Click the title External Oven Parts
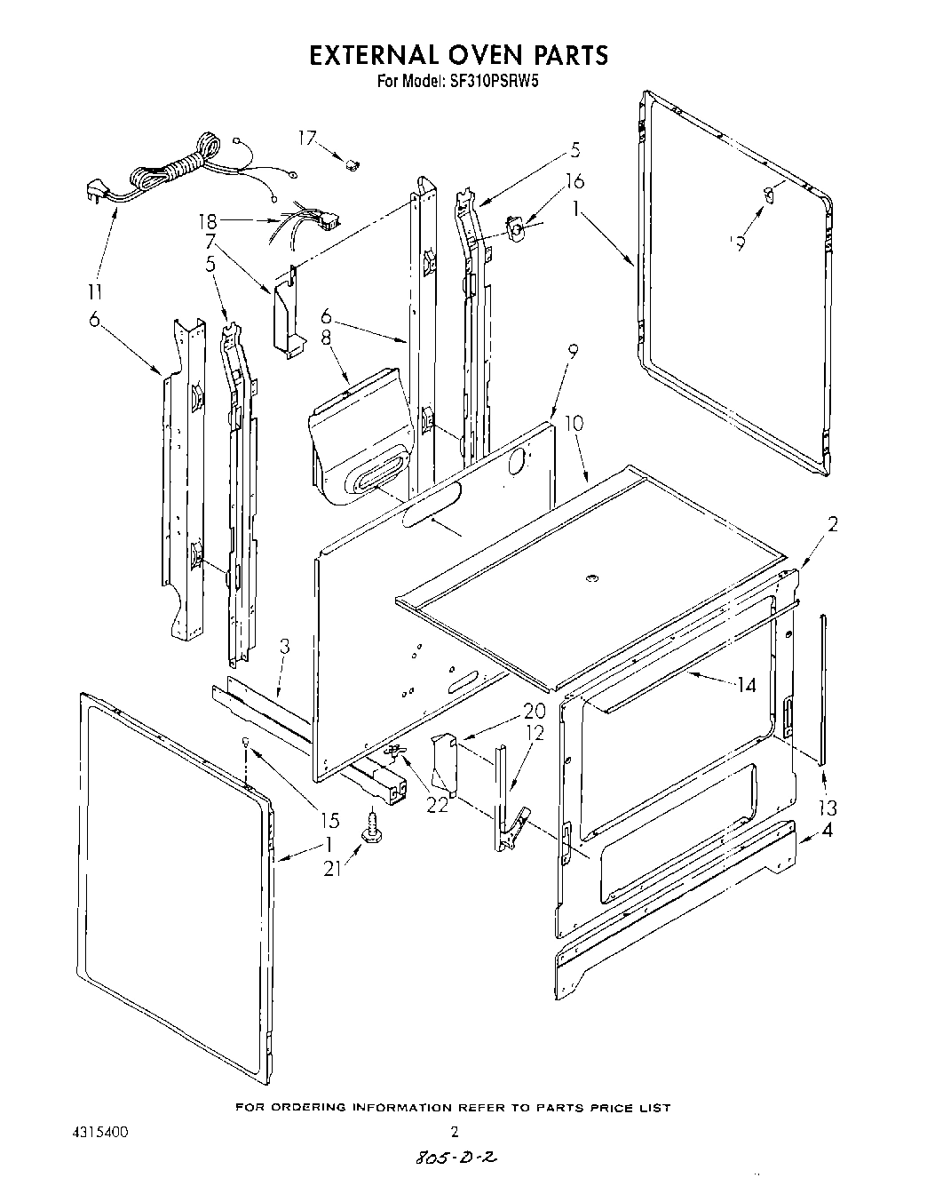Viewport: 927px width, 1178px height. pos(458,55)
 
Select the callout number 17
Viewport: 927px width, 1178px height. pos(306,138)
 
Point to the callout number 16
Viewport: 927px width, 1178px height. pos(574,181)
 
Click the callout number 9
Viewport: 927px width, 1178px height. pos(573,352)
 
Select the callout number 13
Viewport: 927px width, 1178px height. pos(828,808)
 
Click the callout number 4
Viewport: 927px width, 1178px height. pos(828,832)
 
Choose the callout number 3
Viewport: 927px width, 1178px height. pos(283,647)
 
